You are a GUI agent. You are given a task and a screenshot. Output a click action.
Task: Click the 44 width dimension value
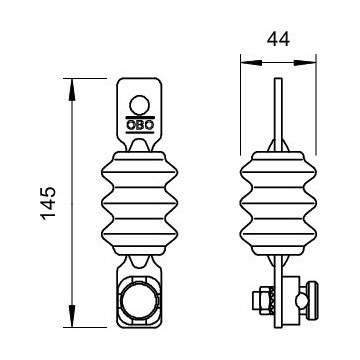click(x=278, y=39)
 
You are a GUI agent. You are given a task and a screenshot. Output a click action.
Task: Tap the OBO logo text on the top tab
click(x=140, y=125)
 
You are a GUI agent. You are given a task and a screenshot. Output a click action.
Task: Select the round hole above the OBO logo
click(x=140, y=105)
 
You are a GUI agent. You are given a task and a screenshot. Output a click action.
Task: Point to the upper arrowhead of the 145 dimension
click(x=72, y=89)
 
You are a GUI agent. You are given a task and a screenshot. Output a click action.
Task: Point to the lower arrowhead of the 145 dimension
click(x=72, y=316)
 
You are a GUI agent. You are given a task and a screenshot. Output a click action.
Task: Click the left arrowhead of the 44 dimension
click(x=251, y=62)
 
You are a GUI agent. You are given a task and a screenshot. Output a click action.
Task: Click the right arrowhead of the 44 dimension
click(x=305, y=62)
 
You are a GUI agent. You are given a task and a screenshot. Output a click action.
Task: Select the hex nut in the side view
click(x=261, y=300)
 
